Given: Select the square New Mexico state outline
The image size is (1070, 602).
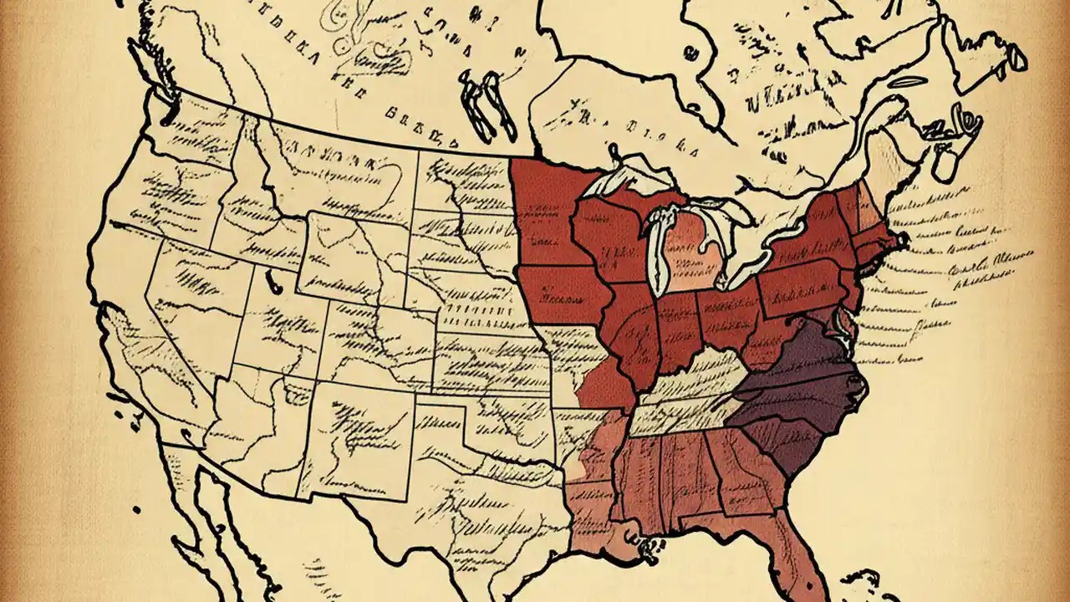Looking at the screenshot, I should (x=359, y=435).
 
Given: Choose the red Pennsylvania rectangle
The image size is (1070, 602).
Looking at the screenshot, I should (x=802, y=288).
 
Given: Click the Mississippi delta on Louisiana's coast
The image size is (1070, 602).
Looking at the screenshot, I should (x=648, y=548).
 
